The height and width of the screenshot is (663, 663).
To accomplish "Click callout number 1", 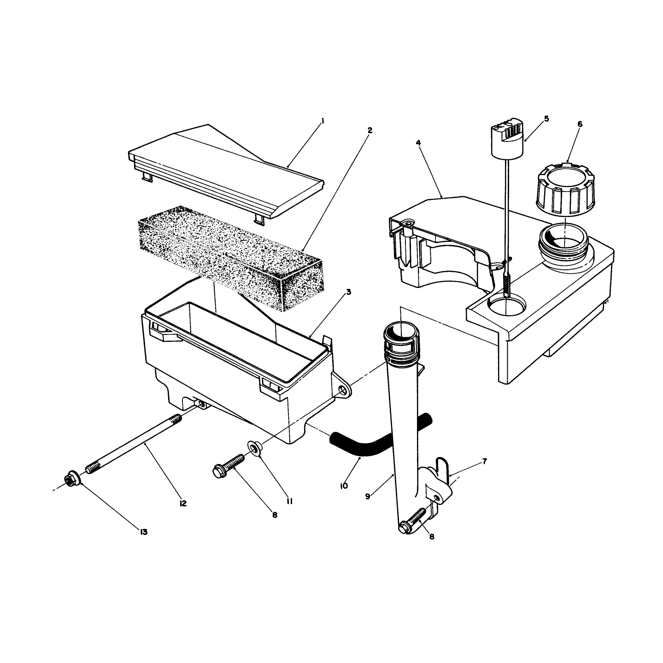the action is [x=323, y=121].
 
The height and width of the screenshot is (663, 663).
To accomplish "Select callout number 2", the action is [x=370, y=130].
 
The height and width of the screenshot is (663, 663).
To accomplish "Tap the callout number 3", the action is [x=348, y=292].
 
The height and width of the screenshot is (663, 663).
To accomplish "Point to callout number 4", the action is [x=419, y=142].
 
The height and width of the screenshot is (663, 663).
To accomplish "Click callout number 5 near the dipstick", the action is [x=547, y=119].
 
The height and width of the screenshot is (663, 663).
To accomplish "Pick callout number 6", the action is [x=580, y=124].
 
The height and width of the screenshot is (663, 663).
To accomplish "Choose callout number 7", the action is [x=484, y=461].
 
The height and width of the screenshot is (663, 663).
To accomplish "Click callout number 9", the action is [x=368, y=497].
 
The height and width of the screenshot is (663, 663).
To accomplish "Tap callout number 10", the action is [x=344, y=486].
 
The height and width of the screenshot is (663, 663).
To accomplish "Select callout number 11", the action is [x=289, y=502].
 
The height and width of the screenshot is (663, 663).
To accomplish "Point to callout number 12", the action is [x=183, y=504].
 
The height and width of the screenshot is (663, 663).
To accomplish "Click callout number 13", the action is [x=143, y=532].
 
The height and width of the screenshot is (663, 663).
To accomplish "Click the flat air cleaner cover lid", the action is [x=225, y=174].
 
